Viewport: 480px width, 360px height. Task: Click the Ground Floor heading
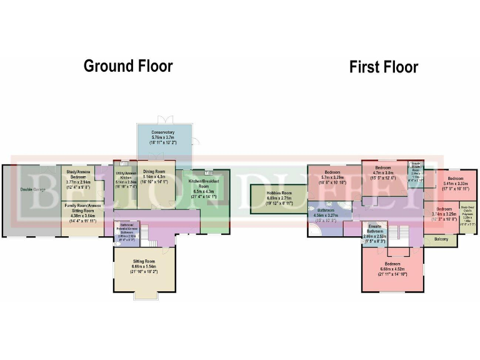[x=128, y=66]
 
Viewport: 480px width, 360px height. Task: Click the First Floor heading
[x=383, y=67]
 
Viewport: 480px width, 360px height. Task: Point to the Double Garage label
[x=33, y=189]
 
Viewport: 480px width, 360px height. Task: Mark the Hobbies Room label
[x=279, y=194]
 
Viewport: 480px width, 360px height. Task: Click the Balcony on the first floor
[x=441, y=239]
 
